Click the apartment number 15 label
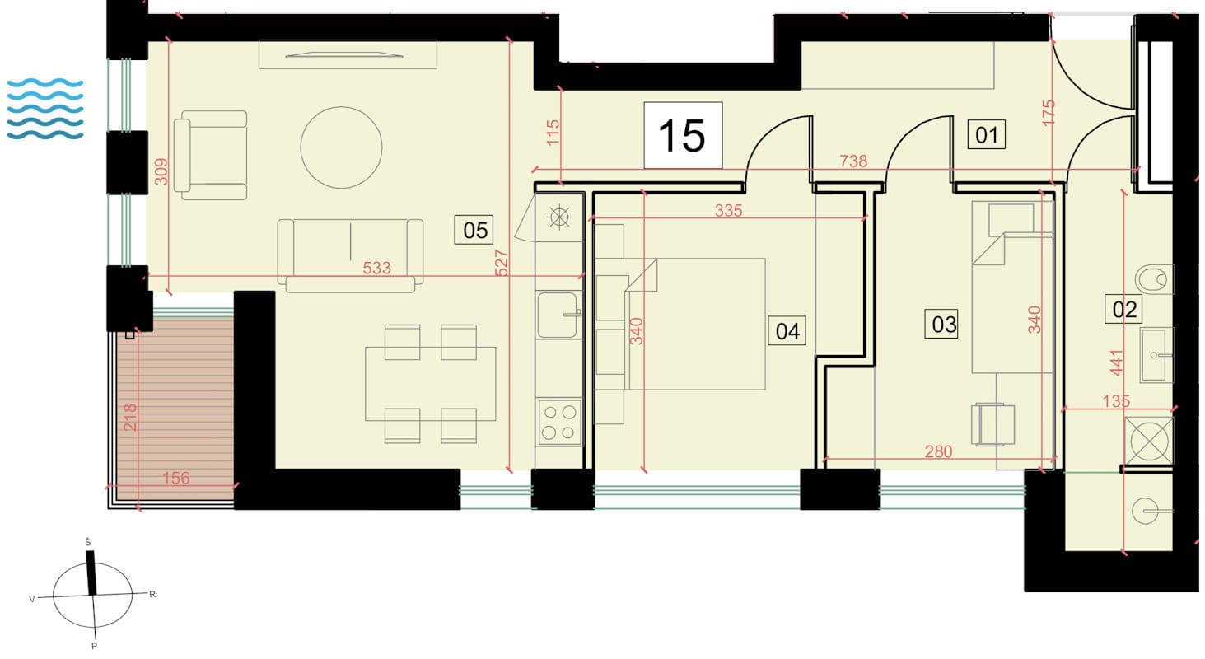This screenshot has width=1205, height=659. pyautogui.click(x=683, y=136)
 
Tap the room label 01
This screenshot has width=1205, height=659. pyautogui.click(x=987, y=134)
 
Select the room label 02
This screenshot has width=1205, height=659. pyautogui.click(x=1123, y=310)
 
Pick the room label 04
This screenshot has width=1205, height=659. pyautogui.click(x=787, y=331)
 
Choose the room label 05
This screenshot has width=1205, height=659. pyautogui.click(x=474, y=230)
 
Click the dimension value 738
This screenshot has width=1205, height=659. pyautogui.click(x=853, y=161)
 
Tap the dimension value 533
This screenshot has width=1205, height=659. pyautogui.click(x=376, y=268)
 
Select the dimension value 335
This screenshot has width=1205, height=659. pyautogui.click(x=728, y=210)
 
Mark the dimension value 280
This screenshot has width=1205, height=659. pyautogui.click(x=938, y=451)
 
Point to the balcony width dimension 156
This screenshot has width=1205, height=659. pyautogui.click(x=176, y=478)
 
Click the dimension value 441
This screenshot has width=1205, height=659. pyautogui.click(x=1117, y=362)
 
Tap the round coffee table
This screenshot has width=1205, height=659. pyautogui.click(x=341, y=147)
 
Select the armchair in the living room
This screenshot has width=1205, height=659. pyautogui.click(x=210, y=155)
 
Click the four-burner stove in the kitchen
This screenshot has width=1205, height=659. pyautogui.click(x=558, y=423)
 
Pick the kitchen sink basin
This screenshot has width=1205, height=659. pyautogui.click(x=558, y=315)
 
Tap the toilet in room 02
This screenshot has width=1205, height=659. pyautogui.click(x=1153, y=279)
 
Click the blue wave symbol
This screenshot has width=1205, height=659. pyautogui.click(x=45, y=109)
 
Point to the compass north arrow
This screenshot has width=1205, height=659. pyautogui.click(x=91, y=573)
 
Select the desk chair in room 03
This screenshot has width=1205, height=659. pyautogui.click(x=992, y=424)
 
